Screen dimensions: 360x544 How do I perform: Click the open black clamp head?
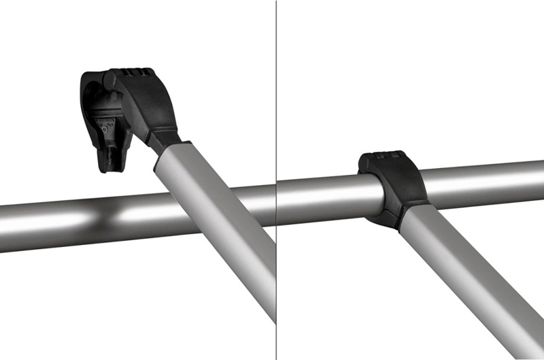click(x=129, y=109)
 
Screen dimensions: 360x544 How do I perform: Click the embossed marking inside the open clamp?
click(x=103, y=126)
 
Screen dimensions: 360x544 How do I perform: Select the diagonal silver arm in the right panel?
click(x=462, y=286)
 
